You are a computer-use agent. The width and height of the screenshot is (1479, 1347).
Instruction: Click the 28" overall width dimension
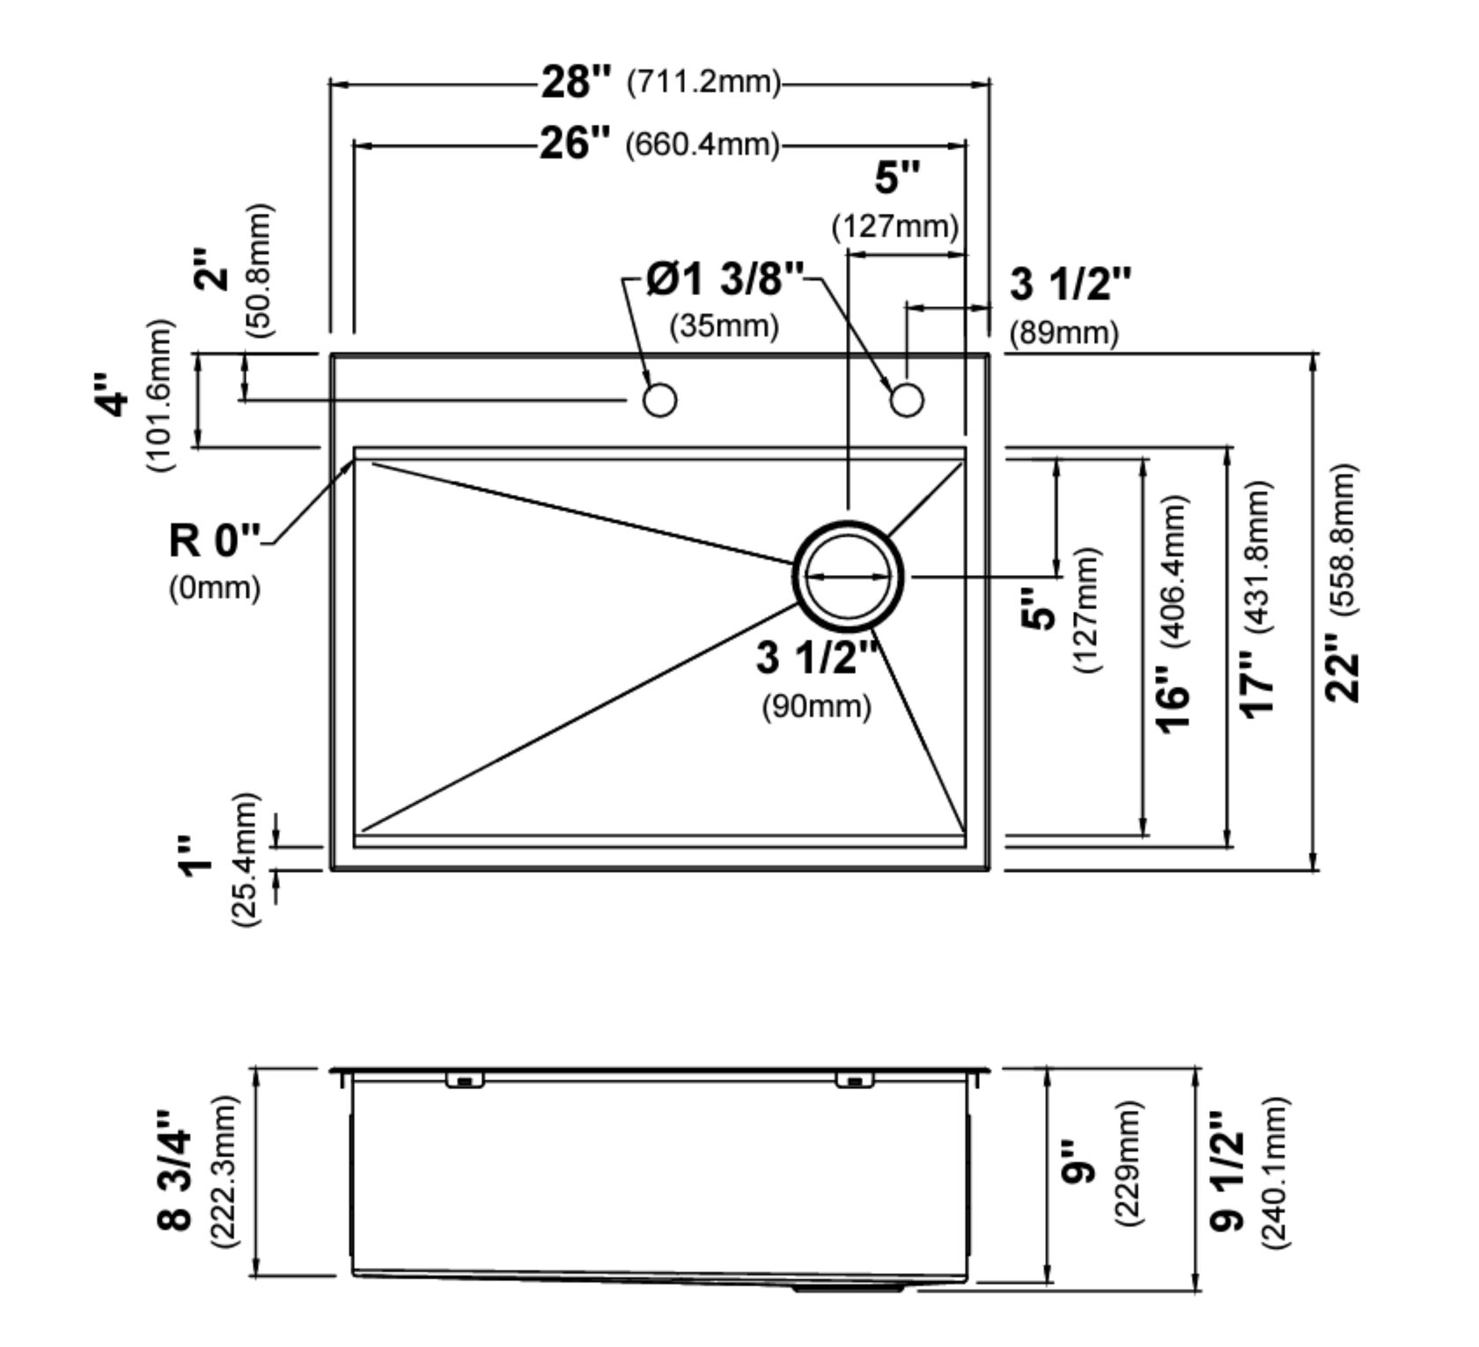tap(575, 82)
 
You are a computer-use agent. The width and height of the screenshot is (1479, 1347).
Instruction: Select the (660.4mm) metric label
tap(702, 144)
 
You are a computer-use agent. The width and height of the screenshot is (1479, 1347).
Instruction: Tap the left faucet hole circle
tap(659, 400)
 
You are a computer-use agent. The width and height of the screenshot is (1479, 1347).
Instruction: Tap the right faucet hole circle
tap(907, 400)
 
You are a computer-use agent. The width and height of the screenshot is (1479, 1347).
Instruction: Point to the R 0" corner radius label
tap(215, 539)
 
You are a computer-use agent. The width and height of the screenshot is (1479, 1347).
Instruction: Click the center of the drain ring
tap(848, 576)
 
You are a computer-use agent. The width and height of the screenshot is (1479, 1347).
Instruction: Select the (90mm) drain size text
tap(816, 705)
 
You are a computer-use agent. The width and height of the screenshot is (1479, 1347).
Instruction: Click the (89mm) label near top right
tap(1063, 333)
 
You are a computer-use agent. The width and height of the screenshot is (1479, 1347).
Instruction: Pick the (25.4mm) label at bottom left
tap(244, 858)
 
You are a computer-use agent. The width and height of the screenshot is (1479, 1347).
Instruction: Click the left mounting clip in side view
tap(464, 1080)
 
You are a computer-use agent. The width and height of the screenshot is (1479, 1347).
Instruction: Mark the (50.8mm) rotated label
tap(261, 270)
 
